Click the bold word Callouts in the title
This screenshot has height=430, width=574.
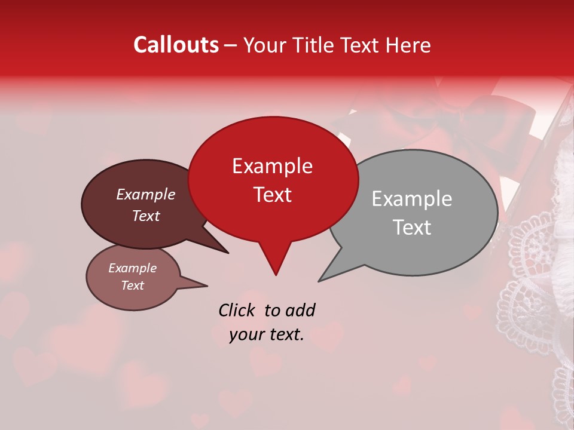click(x=176, y=45)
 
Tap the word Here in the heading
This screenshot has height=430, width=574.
click(x=408, y=45)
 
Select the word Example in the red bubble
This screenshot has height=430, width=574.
click(x=272, y=166)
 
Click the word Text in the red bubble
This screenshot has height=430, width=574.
click(x=272, y=195)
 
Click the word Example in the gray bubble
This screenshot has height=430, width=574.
click(x=412, y=199)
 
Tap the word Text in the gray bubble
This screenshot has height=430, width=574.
click(x=412, y=228)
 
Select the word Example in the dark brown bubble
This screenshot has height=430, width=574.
click(x=146, y=194)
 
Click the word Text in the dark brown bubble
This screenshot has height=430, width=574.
click(x=146, y=216)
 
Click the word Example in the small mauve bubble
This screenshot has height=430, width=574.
click(x=132, y=268)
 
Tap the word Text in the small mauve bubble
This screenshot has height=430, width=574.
click(x=132, y=285)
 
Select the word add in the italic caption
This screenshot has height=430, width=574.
click(x=300, y=310)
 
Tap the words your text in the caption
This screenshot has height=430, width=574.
click(x=267, y=334)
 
